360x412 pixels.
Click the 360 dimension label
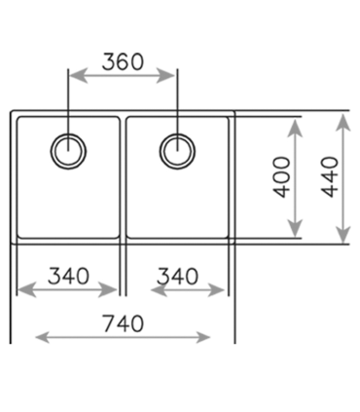pos(123,61)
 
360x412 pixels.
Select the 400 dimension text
pos(281,177)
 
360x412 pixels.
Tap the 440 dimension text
pos(331,177)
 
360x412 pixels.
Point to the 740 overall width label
pos(124,323)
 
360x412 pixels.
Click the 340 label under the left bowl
pos(68,276)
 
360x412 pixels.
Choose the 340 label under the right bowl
pos(177,277)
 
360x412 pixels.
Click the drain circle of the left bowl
pos(68,151)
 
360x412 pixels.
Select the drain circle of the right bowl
pos(177,151)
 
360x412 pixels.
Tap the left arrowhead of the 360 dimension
pos(78,76)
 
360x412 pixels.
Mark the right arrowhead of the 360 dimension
pos(166,76)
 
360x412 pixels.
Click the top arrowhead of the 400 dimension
pos(295,128)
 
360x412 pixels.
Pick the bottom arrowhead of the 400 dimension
pos(295,228)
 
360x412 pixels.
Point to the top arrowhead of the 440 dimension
pos(343,123)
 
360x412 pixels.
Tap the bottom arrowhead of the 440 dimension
pos(343,235)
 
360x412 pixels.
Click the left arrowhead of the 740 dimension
pos(43,337)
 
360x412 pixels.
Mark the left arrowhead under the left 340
pos(26,290)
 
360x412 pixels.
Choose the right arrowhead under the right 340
pos(216,290)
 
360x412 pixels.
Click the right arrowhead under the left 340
pos(108,290)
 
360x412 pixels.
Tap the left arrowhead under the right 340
pos(160,290)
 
